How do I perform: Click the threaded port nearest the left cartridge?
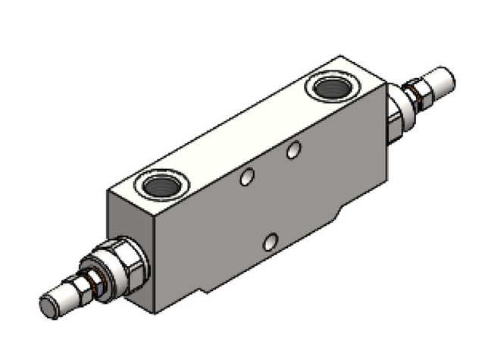point(161,184)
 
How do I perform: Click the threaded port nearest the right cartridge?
point(333,88)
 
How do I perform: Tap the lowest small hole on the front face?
point(271,242)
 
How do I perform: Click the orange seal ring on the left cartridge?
point(95,283)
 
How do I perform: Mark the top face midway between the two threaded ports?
point(246,136)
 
